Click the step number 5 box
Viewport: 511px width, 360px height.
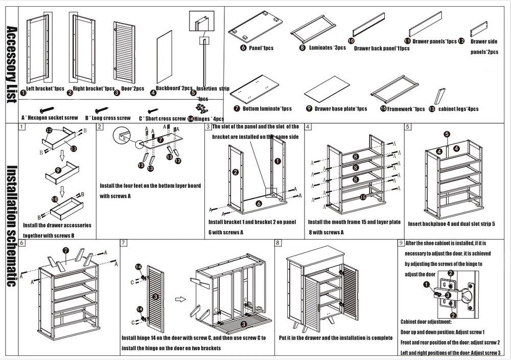408,126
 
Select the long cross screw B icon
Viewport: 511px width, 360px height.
101,109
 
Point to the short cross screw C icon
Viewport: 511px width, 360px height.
152,110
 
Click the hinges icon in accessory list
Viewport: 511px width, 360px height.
202,108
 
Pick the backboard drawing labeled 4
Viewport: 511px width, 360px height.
164,57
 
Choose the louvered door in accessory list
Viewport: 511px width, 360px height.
124,52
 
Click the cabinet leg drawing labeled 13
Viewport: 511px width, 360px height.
440,96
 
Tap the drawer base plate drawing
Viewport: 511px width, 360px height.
327,91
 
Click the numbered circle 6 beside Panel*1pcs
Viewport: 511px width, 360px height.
244,48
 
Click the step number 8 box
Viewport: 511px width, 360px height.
277,243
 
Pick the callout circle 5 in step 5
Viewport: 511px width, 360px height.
446,134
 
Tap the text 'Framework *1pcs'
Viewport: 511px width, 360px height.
406,109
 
